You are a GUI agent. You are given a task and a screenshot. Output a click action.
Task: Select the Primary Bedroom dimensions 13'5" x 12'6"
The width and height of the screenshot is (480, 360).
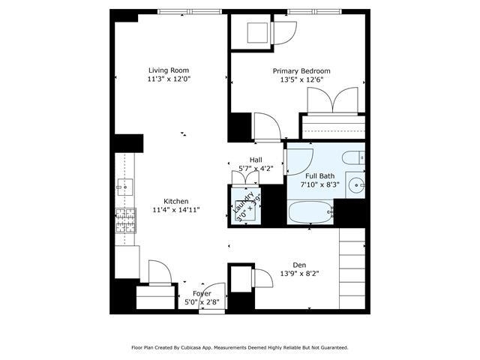tap(299, 81)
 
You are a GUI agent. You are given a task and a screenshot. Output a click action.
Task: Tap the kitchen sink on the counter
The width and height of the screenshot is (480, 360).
tap(124, 186)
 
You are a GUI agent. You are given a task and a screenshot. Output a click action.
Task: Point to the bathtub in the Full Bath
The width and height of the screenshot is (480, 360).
tap(310, 212)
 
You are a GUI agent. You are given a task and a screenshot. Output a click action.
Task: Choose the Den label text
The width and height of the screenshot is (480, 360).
tap(299, 264)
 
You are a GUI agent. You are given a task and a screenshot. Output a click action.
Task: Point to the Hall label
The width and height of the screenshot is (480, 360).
tap(256, 159)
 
